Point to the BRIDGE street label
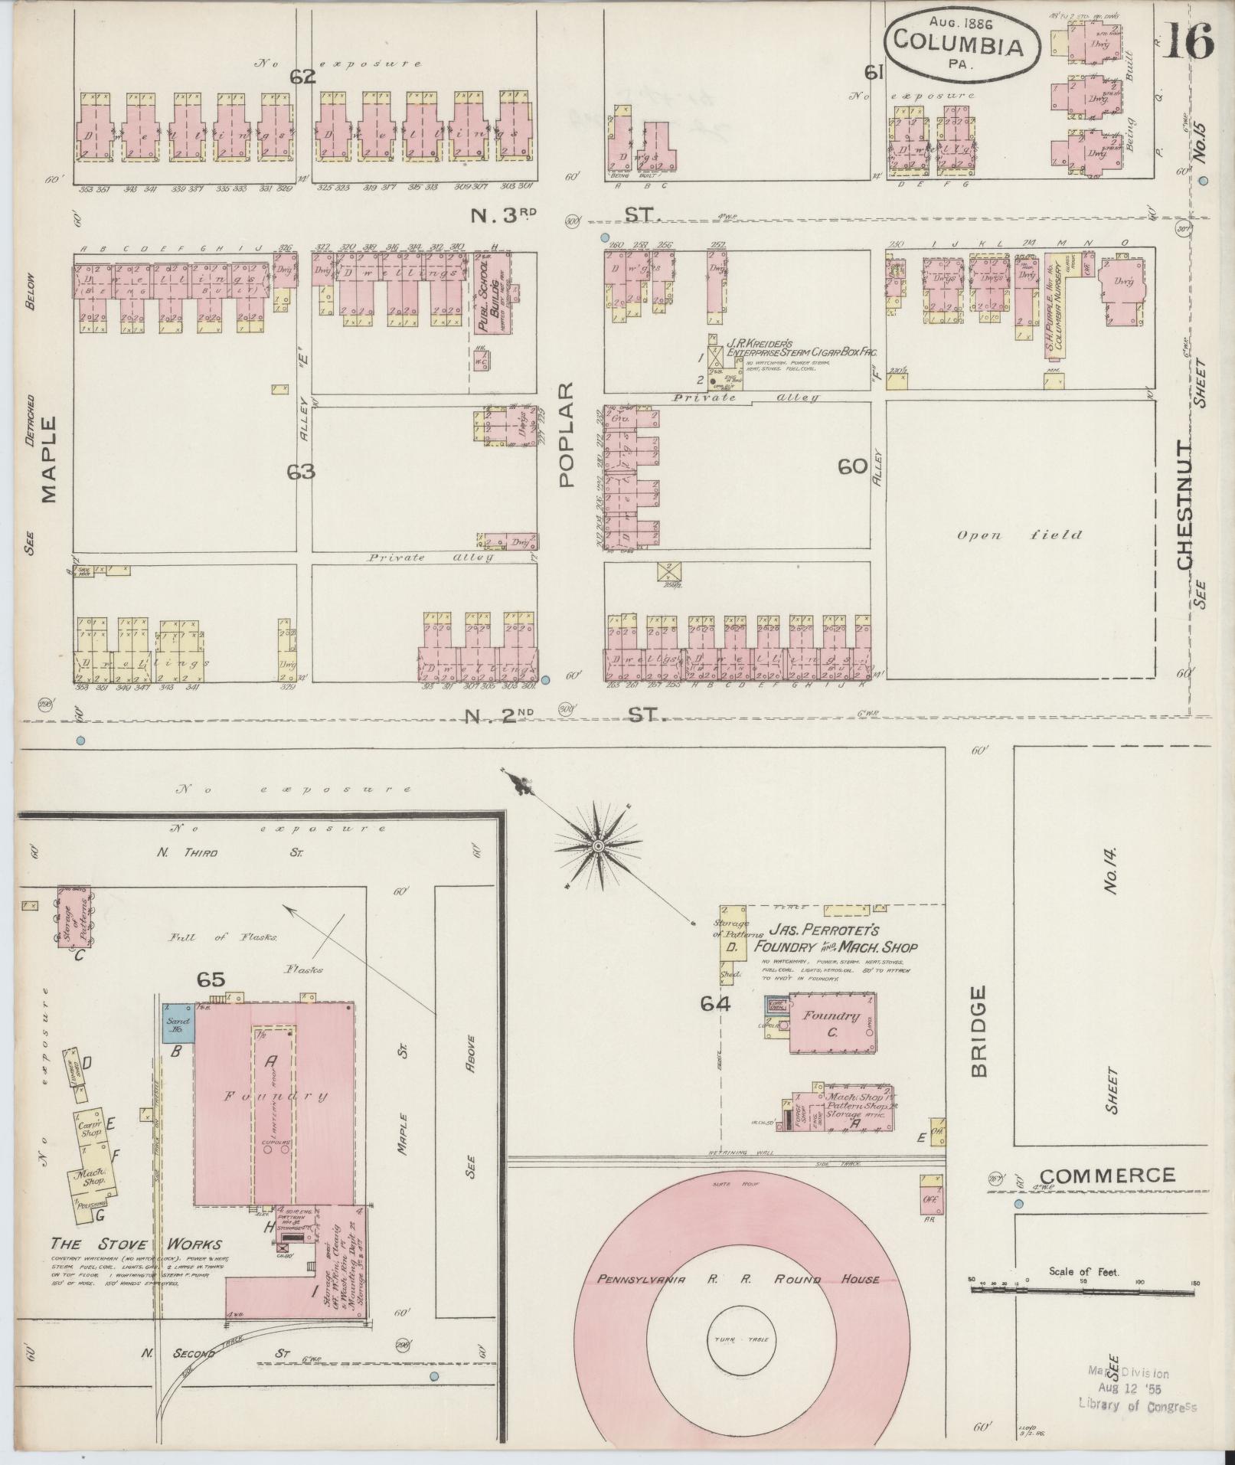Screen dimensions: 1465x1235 [981, 1032]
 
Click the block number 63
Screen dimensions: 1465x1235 [301, 473]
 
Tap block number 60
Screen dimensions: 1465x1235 [852, 467]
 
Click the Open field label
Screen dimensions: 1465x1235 [1019, 535]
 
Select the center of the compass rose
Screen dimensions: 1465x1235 [597, 845]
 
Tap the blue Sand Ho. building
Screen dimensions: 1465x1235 [178, 1024]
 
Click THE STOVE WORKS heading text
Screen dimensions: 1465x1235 [136, 1244]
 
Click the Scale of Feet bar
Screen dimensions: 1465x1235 [1083, 1290]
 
